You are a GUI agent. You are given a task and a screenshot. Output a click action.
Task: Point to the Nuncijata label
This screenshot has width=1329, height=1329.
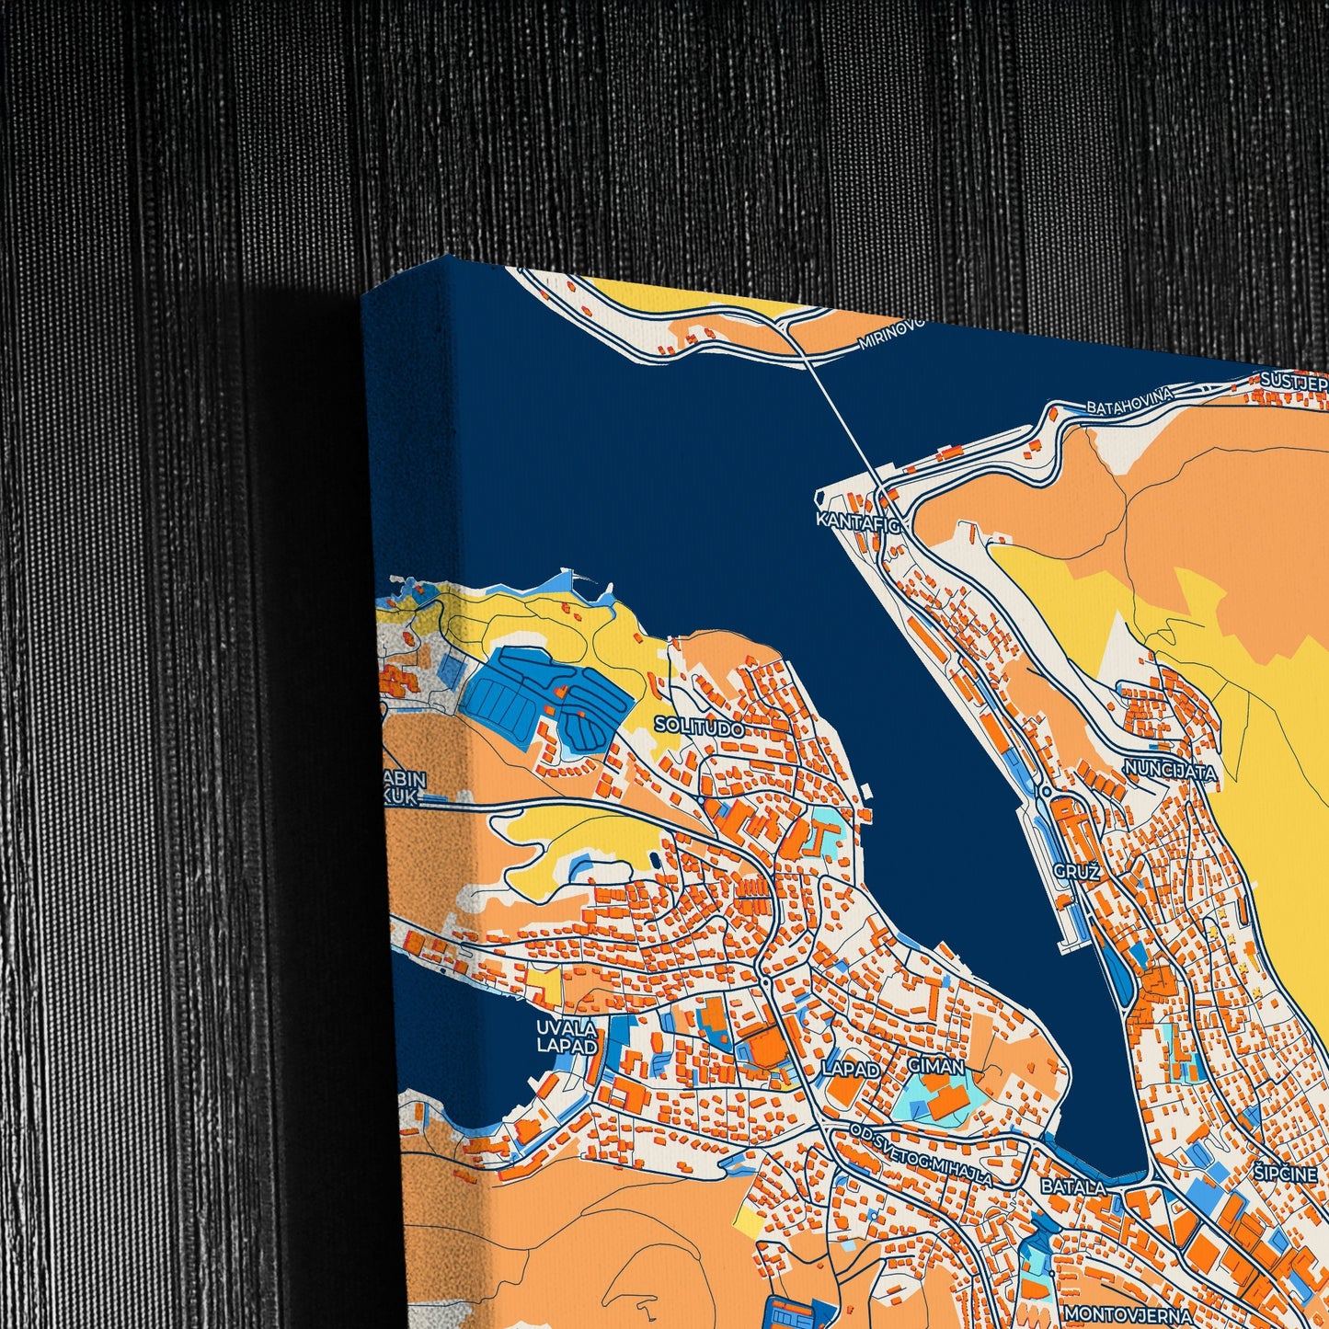point(1170,772)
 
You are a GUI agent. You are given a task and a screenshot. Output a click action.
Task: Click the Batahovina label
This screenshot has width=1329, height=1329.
point(1129,402)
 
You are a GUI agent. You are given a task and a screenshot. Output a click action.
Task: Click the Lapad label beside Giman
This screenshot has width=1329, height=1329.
point(851,1069)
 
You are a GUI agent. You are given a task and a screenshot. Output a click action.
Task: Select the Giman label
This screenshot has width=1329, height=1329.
point(935,1066)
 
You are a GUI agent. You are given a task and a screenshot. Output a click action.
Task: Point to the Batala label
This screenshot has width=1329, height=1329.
point(1073,1187)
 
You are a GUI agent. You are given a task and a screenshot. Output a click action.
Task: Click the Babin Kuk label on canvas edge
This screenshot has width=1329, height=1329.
point(405,788)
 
